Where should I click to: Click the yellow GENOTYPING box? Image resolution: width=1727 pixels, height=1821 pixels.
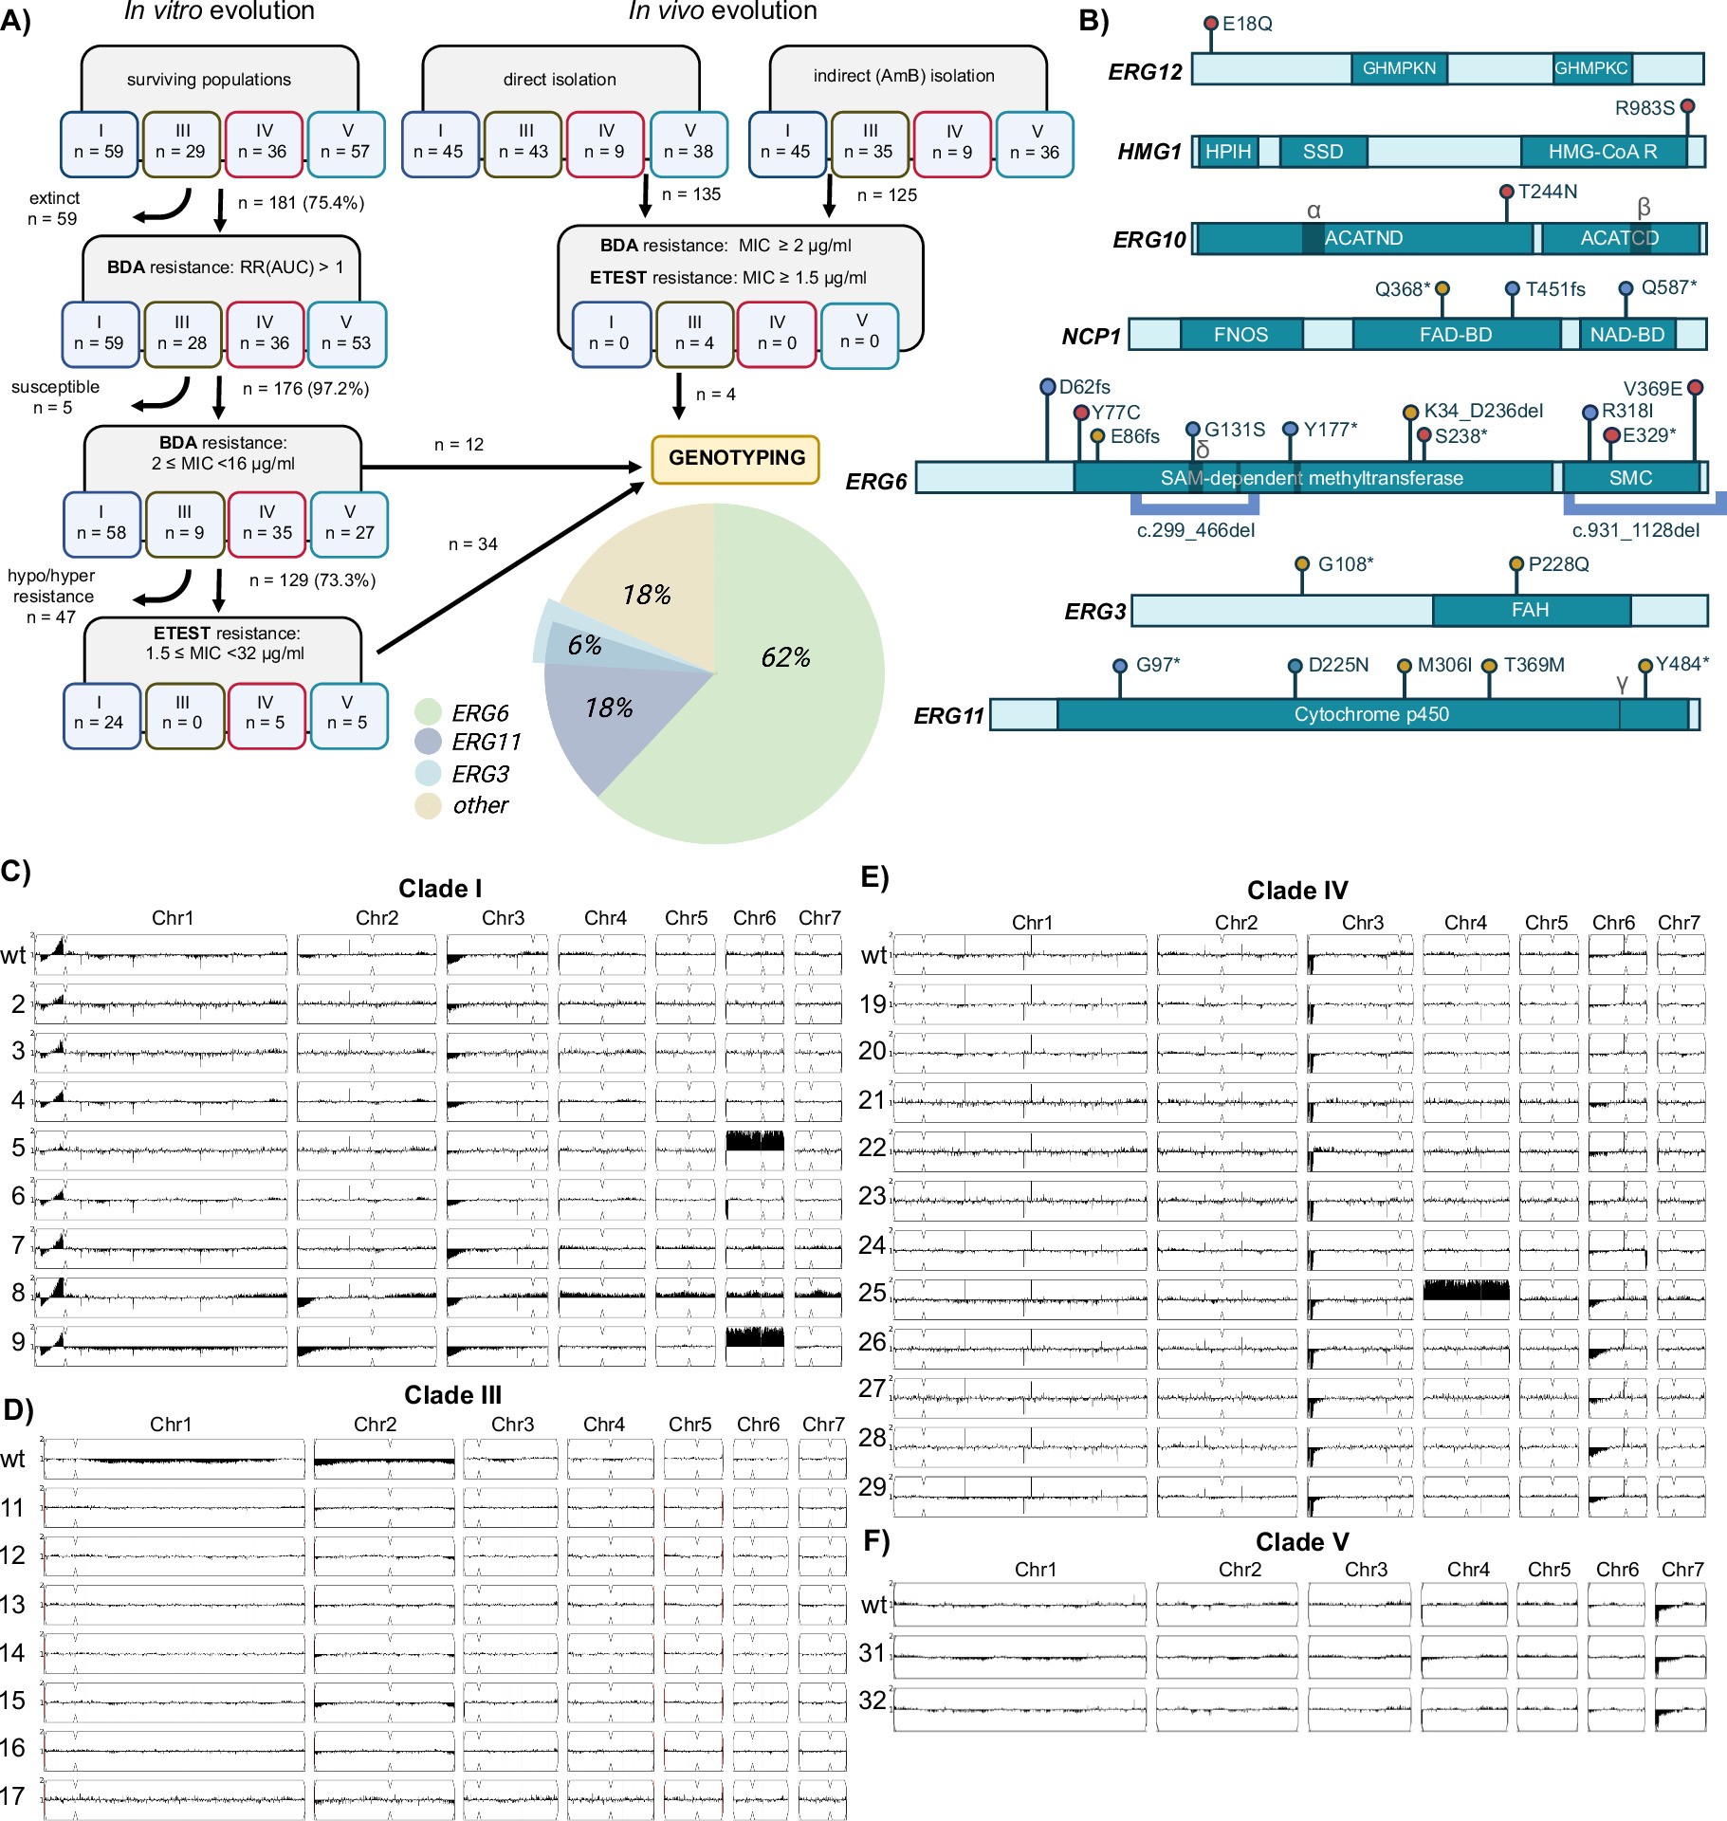pos(736,458)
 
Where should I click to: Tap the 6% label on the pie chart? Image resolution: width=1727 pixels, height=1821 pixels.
pos(584,646)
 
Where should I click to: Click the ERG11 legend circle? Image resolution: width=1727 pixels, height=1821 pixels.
pos(429,742)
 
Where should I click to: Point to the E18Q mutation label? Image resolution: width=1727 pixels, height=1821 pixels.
pos(1246,24)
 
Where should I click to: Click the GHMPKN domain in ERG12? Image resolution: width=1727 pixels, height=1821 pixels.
pos(1399,68)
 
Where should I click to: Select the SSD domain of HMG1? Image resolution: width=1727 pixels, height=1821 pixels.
pos(1322,152)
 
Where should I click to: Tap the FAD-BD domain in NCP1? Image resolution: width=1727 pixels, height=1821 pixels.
pos(1455,335)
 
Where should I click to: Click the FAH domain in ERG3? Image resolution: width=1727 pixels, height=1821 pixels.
pos(1530,610)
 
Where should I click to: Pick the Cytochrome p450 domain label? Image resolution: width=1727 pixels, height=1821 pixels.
pos(1371,714)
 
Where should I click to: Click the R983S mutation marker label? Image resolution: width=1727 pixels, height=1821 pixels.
pos(1644,108)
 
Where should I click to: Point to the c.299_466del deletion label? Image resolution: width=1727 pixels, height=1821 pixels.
pos(1195,530)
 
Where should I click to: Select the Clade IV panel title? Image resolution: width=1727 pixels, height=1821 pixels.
pos(1296,891)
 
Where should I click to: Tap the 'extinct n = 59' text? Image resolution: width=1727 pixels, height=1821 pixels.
pos(53,209)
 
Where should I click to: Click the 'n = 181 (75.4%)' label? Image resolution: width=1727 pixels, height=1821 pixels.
pos(301,203)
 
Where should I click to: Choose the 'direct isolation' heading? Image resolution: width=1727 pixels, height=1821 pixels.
pos(560,80)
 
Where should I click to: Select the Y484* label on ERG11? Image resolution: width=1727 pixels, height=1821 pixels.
pos(1681,664)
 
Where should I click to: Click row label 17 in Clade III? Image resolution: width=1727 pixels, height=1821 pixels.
pos(13,1796)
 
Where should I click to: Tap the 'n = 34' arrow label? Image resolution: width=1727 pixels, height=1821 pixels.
pos(472,544)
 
